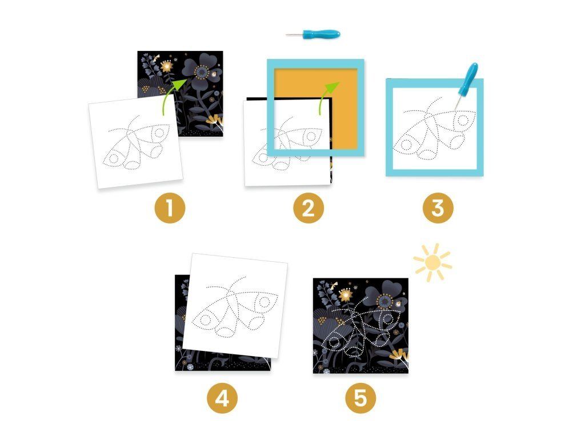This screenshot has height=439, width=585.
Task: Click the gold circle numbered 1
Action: [170, 208]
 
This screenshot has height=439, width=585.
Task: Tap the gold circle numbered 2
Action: [308, 208]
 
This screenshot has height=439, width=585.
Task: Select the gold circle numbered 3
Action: [438, 208]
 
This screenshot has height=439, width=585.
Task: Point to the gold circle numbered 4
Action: [222, 398]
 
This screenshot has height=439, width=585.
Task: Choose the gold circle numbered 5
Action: [360, 398]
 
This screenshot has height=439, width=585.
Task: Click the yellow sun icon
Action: [433, 262]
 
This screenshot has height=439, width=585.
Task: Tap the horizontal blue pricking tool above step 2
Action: [314, 35]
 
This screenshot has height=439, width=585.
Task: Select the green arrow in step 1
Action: [174, 96]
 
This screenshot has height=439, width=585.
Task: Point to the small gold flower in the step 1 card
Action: [167, 66]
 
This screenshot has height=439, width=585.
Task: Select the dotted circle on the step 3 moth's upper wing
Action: [463, 121]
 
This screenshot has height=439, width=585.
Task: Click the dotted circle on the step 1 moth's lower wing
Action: [114, 159]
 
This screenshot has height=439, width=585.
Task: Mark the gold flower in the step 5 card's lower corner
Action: [399, 356]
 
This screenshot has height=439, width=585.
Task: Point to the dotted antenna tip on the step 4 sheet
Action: [244, 277]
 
